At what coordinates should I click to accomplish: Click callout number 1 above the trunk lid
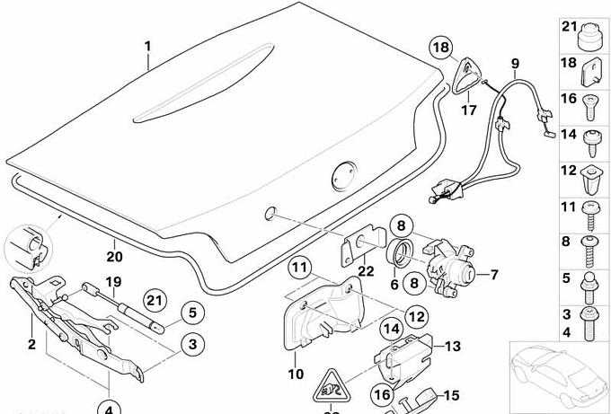point(148,46)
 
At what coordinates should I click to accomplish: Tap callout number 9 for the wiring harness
point(516,63)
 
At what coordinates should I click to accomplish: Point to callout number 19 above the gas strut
point(113,282)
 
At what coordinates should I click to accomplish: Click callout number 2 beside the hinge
point(31,344)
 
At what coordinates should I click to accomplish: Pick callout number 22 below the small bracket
point(366,273)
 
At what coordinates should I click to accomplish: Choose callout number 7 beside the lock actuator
point(492,275)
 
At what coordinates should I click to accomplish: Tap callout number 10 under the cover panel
point(296,374)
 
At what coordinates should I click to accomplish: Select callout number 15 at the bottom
point(451,394)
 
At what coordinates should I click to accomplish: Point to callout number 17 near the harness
point(468,110)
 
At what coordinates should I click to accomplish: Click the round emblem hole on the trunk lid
point(343,173)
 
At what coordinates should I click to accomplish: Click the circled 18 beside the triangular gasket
point(440,47)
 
